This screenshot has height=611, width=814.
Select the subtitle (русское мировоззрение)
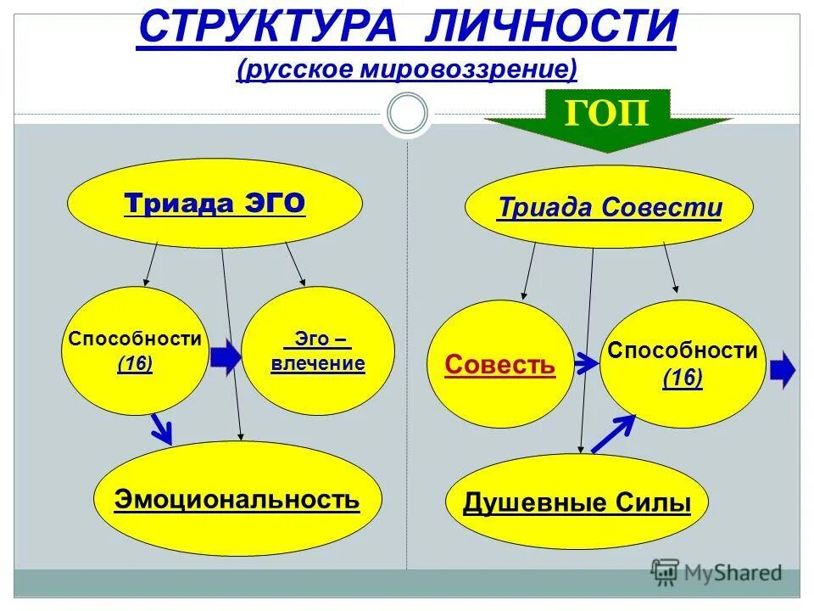pos(407,69)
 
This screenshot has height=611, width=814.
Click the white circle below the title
pos(407,113)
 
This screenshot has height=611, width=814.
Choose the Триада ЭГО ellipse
pos(215,205)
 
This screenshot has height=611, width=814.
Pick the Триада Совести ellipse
pos(609,207)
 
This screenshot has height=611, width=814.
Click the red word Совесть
pos(499,365)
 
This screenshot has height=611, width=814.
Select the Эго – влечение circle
pos(317,351)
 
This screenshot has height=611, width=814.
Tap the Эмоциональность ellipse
pos(237,499)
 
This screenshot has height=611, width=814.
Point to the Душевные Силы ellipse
pos(577,503)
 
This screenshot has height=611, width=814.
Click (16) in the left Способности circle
pos(135,364)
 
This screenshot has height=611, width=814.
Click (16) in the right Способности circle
pos(683,378)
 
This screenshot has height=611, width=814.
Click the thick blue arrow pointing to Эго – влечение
pos(226,359)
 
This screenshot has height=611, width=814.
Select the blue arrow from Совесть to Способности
pos(586,364)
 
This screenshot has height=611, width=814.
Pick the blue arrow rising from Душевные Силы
pos(612,433)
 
